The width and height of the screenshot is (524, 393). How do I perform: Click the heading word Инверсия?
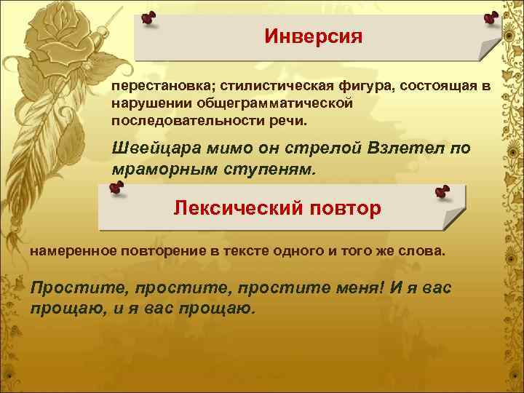point(313,36)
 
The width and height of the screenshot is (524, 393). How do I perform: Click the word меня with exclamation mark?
point(354,287)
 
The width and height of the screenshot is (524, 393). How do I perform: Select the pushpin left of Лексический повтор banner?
point(116,189)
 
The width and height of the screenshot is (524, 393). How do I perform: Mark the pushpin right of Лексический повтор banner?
point(442,191)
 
